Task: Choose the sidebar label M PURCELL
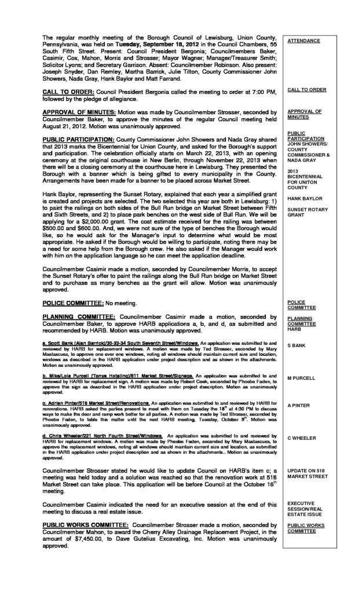[302, 378]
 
